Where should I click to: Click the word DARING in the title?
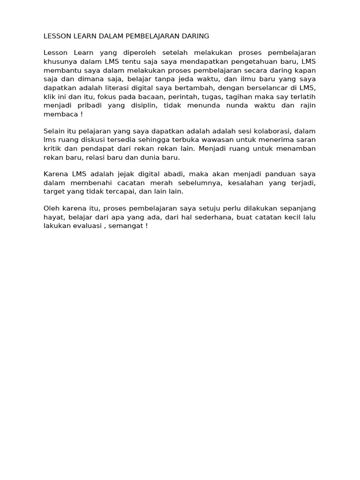pos(194,36)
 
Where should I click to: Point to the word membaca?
pos(59,114)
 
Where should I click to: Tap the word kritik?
pos(52,149)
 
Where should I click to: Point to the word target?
pos(53,192)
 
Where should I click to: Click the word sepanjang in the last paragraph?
pos(299,208)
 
